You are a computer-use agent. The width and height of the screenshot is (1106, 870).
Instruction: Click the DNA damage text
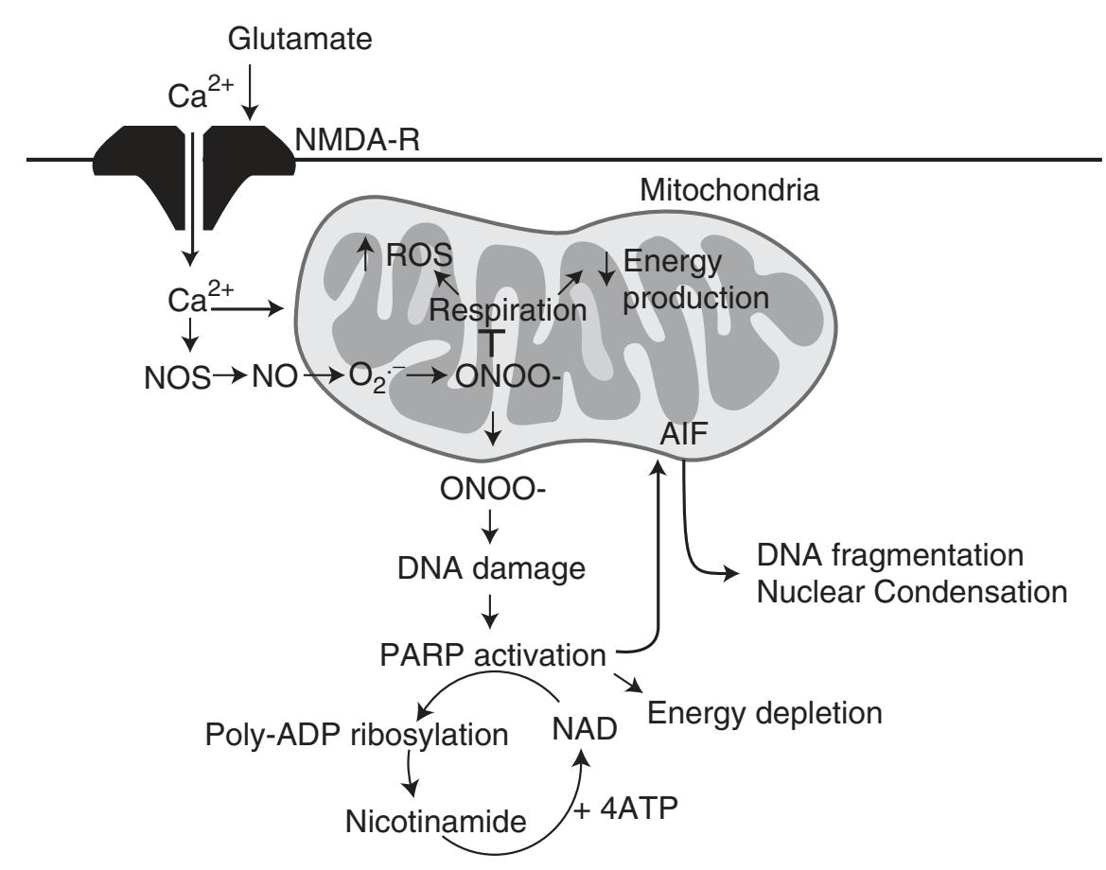[491, 570]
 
